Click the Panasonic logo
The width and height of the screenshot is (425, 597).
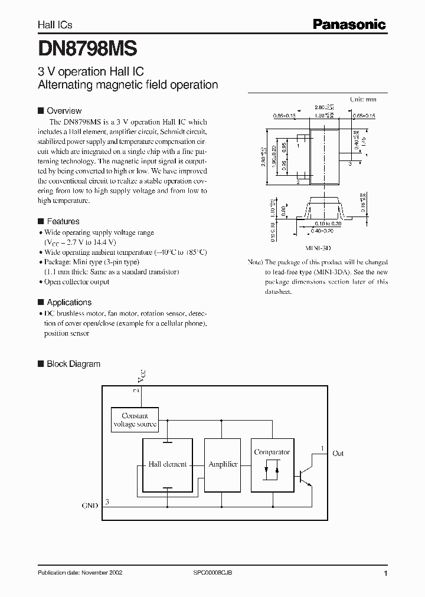pyautogui.click(x=349, y=24)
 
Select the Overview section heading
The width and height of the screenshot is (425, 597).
pyautogui.click(x=64, y=111)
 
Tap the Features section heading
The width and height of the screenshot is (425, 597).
pyautogui.click(x=63, y=221)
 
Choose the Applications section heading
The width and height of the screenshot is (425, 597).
pyautogui.click(x=68, y=302)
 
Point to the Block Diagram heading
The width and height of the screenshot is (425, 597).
pyautogui.click(x=73, y=364)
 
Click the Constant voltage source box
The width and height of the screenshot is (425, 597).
pyautogui.click(x=135, y=420)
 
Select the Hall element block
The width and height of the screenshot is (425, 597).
pyautogui.click(x=168, y=464)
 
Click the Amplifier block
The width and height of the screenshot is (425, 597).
pyautogui.click(x=223, y=464)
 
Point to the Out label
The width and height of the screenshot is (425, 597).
pyautogui.click(x=338, y=454)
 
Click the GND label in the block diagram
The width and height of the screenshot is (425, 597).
pyautogui.click(x=90, y=506)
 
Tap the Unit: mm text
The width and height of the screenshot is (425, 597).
pyautogui.click(x=363, y=100)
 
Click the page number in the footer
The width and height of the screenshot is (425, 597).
pyautogui.click(x=385, y=573)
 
